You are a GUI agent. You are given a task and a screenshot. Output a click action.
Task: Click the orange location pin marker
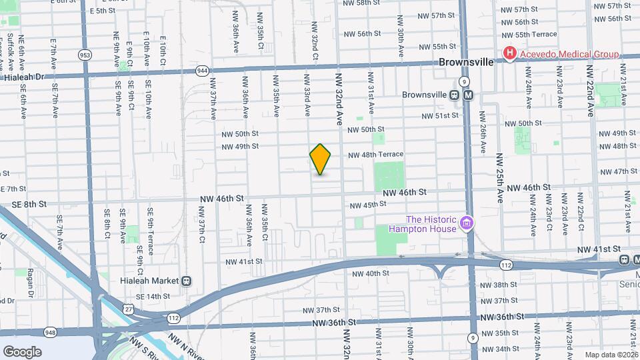point(321,159)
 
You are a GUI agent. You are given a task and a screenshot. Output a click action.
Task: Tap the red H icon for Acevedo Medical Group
point(511,54)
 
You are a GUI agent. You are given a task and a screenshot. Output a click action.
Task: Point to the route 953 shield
point(85,55)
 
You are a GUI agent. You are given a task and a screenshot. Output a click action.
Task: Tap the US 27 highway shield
point(128,308)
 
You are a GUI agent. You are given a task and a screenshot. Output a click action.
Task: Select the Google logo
point(22,351)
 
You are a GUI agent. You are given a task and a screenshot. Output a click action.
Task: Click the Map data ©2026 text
point(611,355)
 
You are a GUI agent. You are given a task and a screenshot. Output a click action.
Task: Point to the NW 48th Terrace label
point(375,154)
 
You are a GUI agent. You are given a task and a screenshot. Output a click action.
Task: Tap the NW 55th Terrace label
point(526,34)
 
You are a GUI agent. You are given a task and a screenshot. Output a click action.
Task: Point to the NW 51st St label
point(440,115)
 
